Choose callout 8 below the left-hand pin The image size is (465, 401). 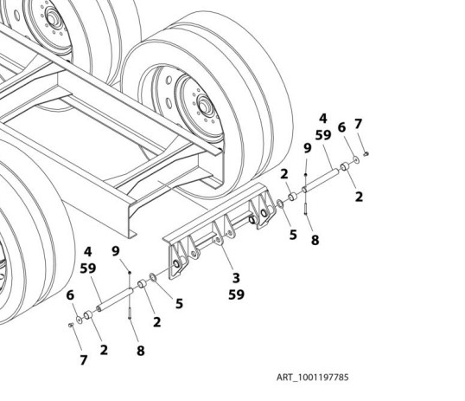point(140,351)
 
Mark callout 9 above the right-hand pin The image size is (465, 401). point(307,149)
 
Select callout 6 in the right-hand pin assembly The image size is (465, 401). point(341,127)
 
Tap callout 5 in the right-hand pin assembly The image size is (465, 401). point(293,233)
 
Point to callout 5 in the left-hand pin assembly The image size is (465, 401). point(180,303)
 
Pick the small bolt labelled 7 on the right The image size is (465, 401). point(367,154)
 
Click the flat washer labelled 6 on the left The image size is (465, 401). point(80,320)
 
